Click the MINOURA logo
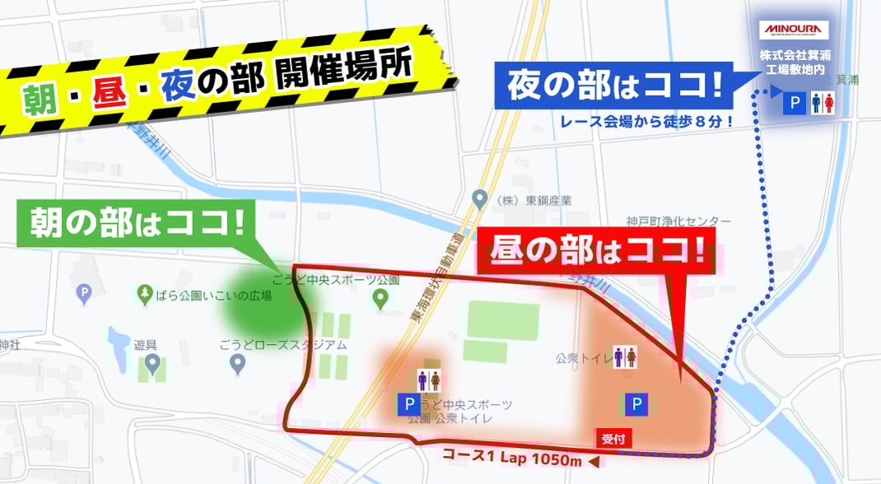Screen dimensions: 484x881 click(x=795, y=30)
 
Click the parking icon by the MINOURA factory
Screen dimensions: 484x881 click(x=795, y=103)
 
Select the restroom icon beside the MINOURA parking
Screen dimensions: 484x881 click(x=823, y=103)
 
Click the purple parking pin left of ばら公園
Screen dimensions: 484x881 click(x=82, y=292)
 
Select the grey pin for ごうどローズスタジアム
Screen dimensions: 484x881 click(x=238, y=365)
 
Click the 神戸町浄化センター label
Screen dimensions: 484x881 click(x=678, y=221)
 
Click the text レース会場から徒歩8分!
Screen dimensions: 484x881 click(x=646, y=121)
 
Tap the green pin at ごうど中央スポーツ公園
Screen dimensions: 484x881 click(x=380, y=300)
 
